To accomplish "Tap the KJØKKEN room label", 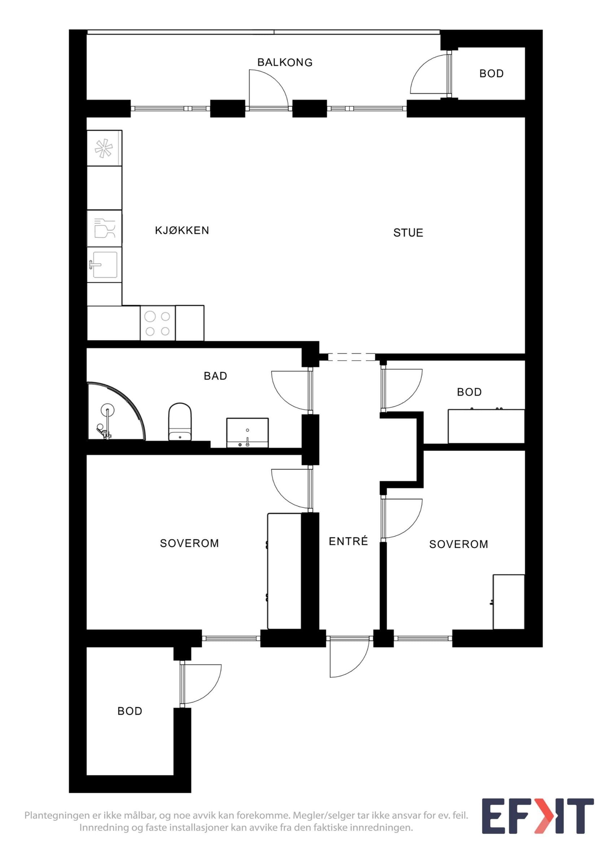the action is tap(182, 230).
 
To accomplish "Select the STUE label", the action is tap(408, 233).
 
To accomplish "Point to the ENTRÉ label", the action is tap(348, 541).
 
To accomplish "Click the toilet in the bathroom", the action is tap(180, 422).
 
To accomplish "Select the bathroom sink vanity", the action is tap(248, 433).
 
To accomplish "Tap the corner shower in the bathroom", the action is tap(115, 411).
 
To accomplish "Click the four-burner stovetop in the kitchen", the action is tap(158, 323).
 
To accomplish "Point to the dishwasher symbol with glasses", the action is tap(104, 228).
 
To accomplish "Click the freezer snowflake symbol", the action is tap(104, 148).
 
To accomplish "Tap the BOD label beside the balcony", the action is tap(491, 74).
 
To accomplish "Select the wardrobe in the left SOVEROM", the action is tap(284, 571).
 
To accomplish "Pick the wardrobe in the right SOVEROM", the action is tap(508, 602).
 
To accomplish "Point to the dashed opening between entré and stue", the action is tap(351, 357).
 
